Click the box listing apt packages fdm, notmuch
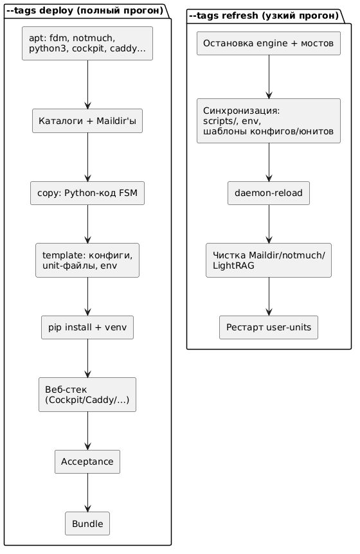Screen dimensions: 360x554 tap(87, 43)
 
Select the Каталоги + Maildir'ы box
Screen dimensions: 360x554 tap(87, 121)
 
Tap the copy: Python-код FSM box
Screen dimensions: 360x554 tap(87, 193)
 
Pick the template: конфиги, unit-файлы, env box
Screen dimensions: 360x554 tap(87, 260)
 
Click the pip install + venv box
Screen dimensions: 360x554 tap(87, 328)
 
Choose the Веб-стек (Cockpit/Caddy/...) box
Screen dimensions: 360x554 tap(87, 395)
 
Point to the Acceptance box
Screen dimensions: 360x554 tap(87, 462)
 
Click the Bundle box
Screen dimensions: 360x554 tap(87, 523)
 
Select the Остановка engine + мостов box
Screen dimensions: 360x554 tap(269, 43)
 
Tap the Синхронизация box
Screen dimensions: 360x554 tap(269, 121)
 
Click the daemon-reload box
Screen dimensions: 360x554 tap(269, 193)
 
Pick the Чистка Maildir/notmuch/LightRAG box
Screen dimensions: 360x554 tap(269, 260)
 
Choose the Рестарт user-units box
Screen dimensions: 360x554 tap(269, 328)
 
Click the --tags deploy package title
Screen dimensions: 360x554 tap(85, 10)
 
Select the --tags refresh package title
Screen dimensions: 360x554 tap(264, 16)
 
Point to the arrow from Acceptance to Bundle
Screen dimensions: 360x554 tap(87, 492)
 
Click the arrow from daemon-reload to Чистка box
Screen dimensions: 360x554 tap(269, 224)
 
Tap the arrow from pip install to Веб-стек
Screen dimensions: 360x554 tap(87, 358)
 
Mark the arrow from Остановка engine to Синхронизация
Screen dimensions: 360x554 tap(269, 76)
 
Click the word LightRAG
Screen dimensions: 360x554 tap(233, 265)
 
